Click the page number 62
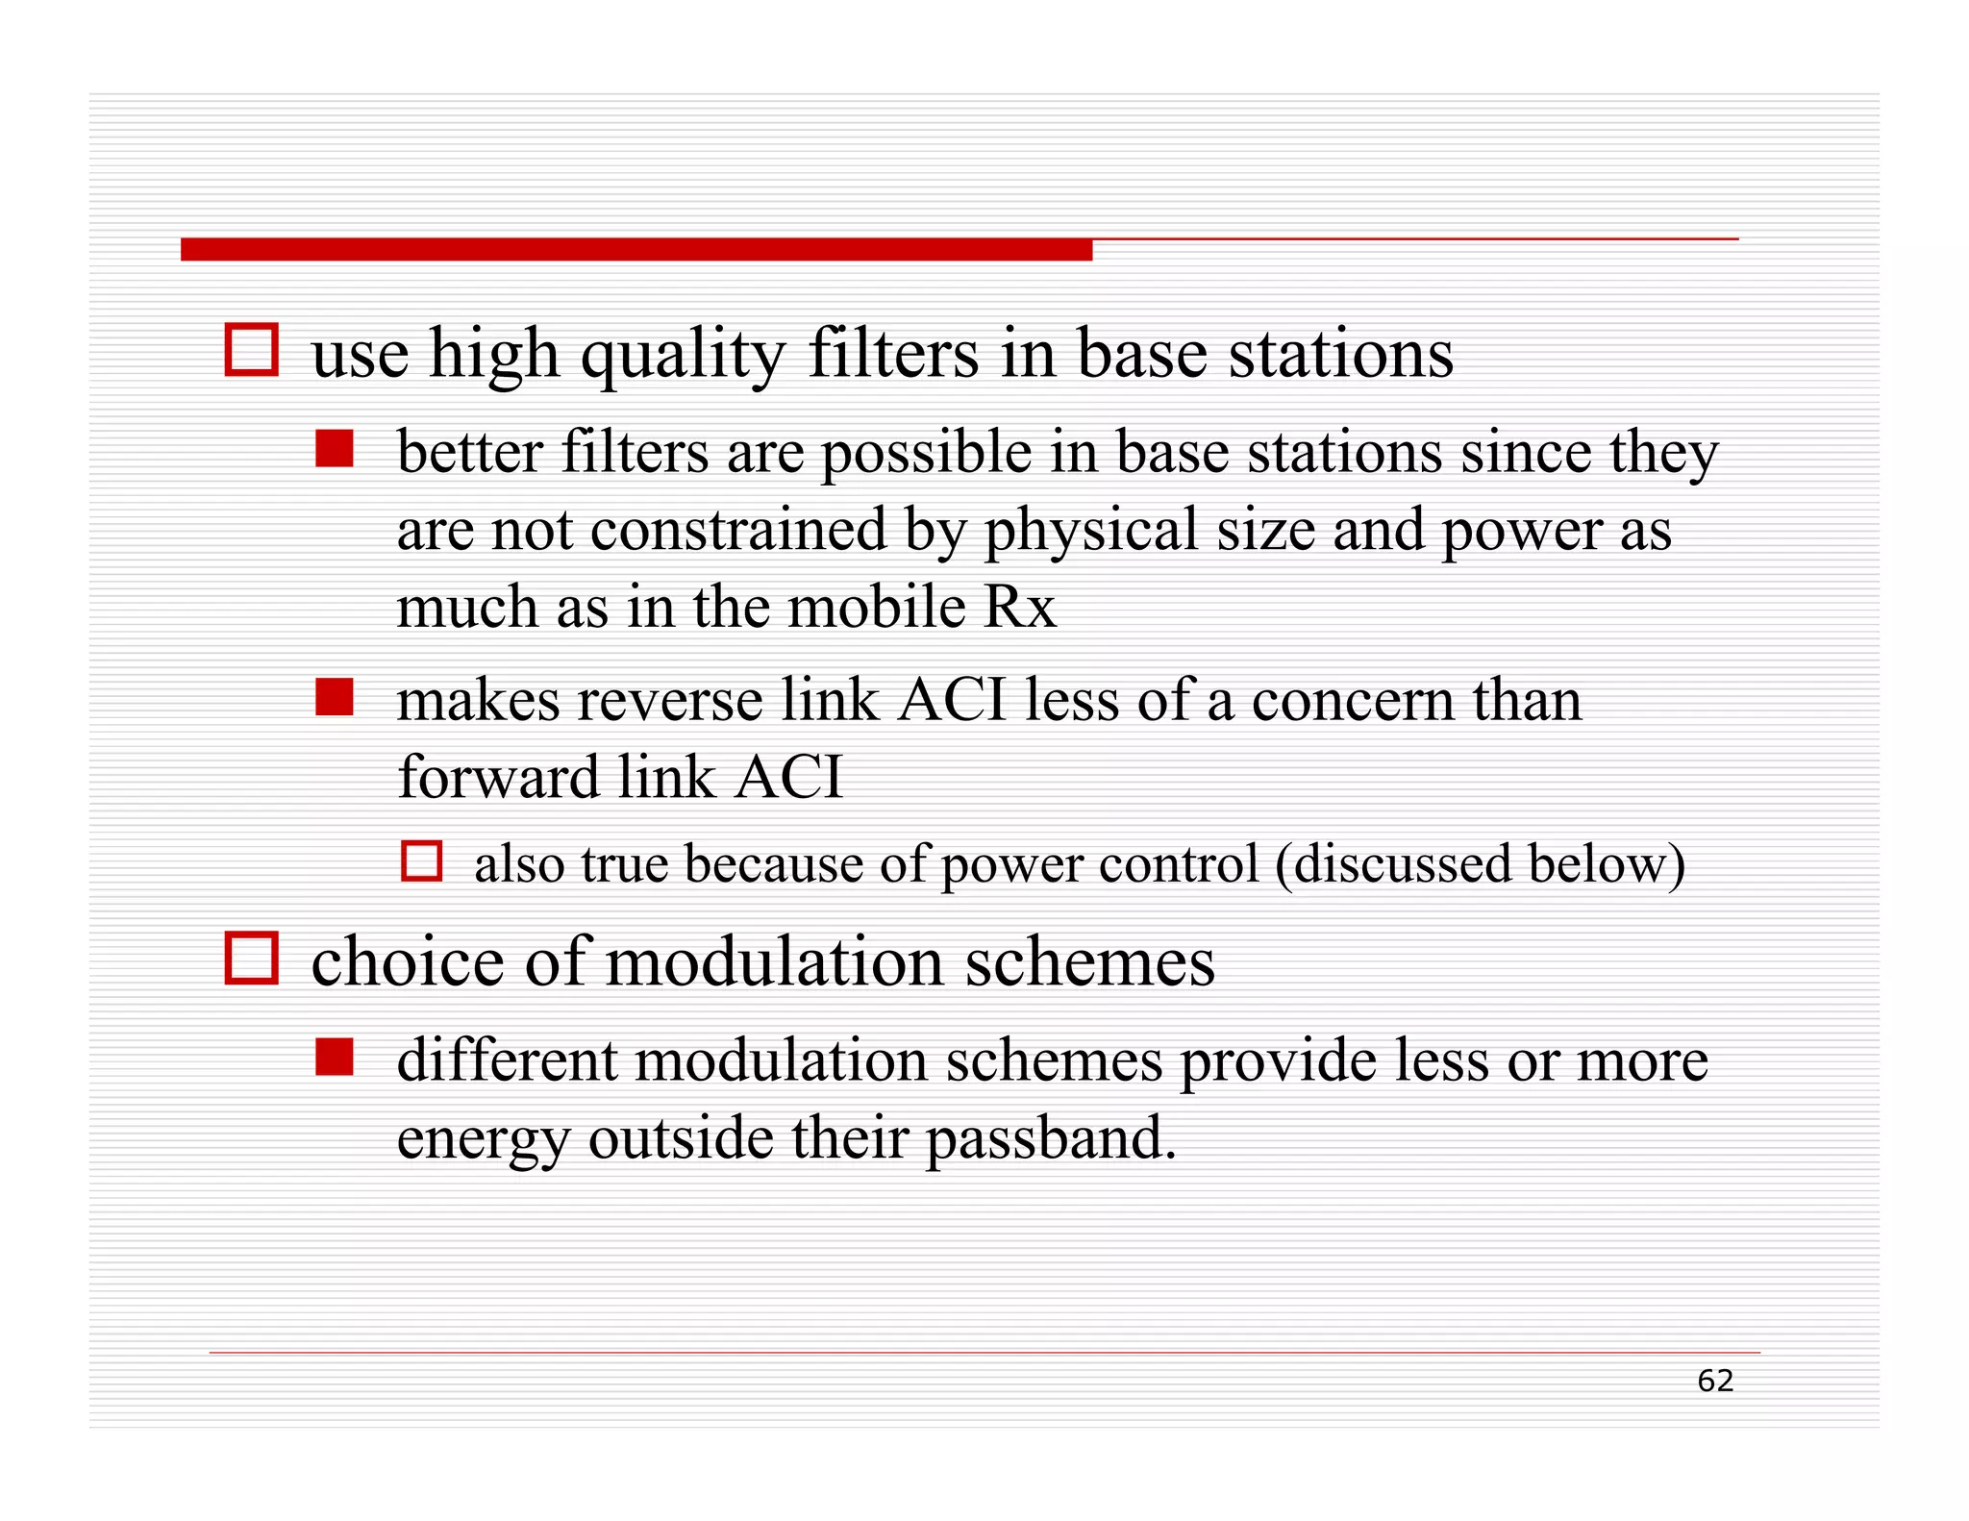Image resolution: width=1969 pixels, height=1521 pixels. pos(1714,1381)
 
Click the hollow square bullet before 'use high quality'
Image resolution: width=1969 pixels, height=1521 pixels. pos(251,350)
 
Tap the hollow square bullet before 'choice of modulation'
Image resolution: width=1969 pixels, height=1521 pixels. pos(251,958)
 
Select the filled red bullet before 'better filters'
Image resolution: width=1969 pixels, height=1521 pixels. pos(335,449)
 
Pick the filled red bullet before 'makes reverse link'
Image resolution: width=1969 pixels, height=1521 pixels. pos(335,697)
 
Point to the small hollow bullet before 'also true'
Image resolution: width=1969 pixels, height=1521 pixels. pos(421,860)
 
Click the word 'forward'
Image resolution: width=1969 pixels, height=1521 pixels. pos(499,777)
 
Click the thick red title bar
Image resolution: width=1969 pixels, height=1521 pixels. pos(636,250)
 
